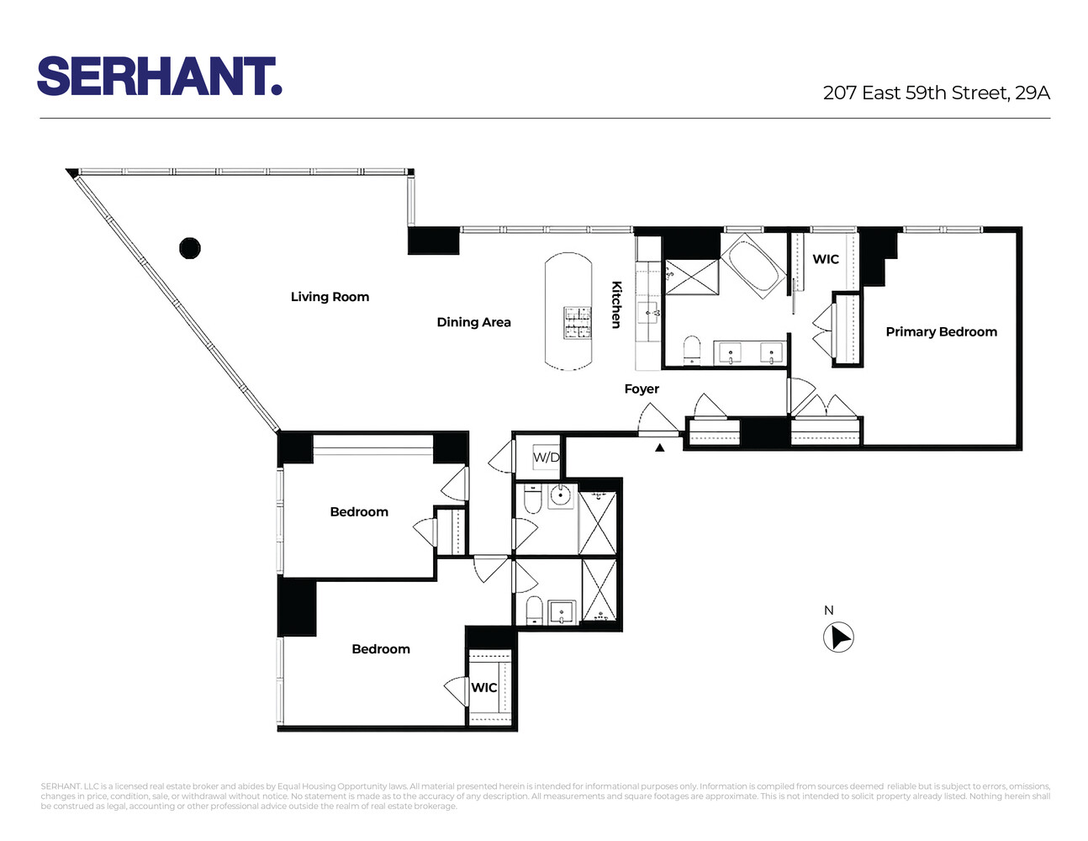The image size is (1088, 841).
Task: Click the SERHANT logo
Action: (x=159, y=77)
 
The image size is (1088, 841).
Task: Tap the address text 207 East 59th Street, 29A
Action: (x=936, y=93)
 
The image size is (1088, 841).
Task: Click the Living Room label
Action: (x=330, y=297)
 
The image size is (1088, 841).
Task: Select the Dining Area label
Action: (x=473, y=322)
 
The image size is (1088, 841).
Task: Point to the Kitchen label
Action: (x=616, y=304)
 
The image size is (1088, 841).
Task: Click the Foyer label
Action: (x=642, y=389)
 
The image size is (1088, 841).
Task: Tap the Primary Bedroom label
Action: (x=941, y=331)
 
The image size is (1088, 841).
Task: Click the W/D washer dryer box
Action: (x=546, y=458)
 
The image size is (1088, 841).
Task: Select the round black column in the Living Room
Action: (x=190, y=248)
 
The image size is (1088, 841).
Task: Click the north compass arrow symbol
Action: (x=837, y=637)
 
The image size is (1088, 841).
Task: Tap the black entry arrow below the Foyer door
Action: (x=660, y=447)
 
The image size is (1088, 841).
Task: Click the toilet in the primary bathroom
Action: (x=692, y=350)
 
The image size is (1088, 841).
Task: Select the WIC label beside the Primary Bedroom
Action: (x=825, y=259)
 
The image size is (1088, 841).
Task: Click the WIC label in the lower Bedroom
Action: (x=483, y=687)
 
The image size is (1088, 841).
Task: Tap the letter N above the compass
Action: (x=828, y=611)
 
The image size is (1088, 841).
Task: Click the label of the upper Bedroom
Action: (x=359, y=511)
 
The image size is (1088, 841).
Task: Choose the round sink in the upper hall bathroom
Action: (x=560, y=496)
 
